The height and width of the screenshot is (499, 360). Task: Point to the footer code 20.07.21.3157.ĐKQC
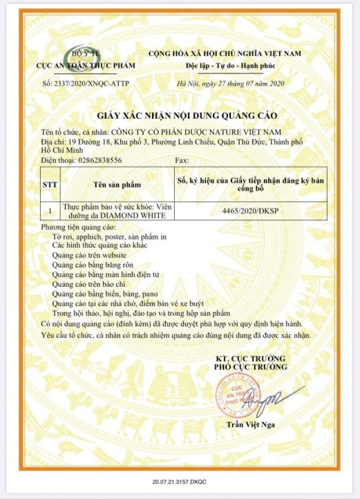tap(180, 478)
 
